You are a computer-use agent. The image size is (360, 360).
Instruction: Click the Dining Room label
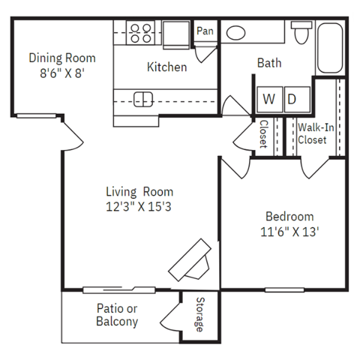pyautogui.click(x=63, y=57)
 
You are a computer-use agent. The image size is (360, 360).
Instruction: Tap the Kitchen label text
pyautogui.click(x=166, y=67)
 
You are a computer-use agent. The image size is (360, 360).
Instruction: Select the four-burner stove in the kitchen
pyautogui.click(x=139, y=33)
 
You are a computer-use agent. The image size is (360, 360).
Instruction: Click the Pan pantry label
pyautogui.click(x=205, y=31)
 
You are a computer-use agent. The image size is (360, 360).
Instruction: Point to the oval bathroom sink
pyautogui.click(x=237, y=33)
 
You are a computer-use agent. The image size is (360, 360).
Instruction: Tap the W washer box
pyautogui.click(x=268, y=99)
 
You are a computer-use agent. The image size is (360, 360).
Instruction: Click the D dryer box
pyautogui.click(x=292, y=99)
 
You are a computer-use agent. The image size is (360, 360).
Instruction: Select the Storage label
pyautogui.click(x=199, y=315)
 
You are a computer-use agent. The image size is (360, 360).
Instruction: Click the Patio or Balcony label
pyautogui.click(x=117, y=315)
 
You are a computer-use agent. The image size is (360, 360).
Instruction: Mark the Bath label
pyautogui.click(x=269, y=63)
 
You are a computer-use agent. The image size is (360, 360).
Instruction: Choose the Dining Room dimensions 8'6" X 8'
pyautogui.click(x=63, y=73)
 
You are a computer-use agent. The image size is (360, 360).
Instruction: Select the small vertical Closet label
pyautogui.click(x=264, y=133)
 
